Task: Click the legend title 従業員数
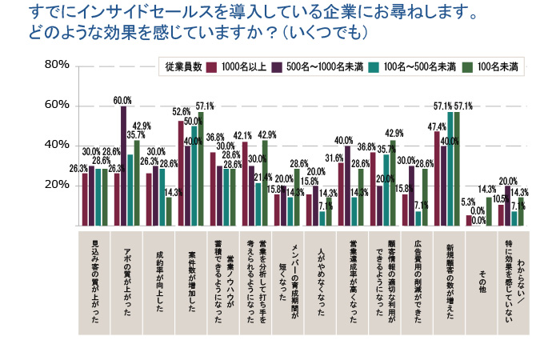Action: (x=180, y=66)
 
